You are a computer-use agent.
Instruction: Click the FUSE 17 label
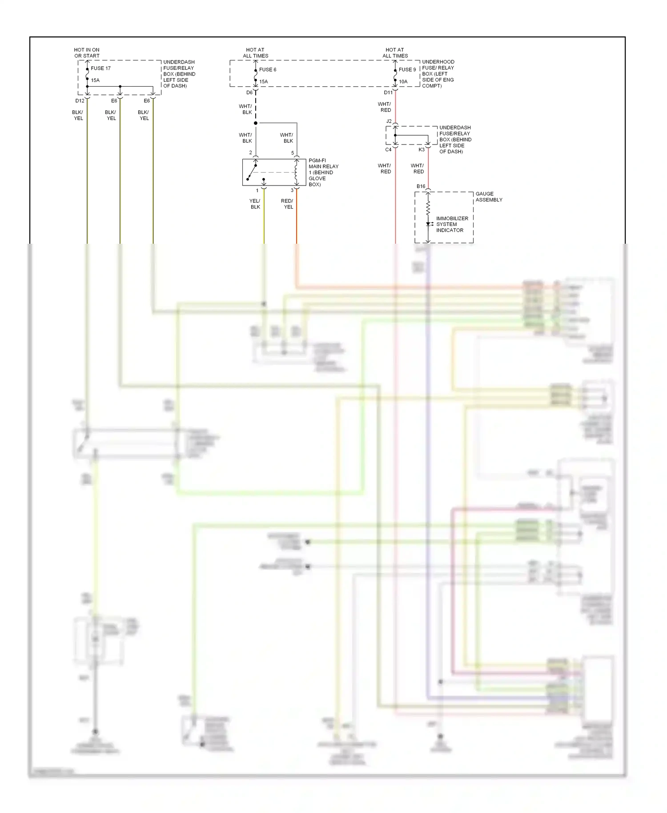click(100, 68)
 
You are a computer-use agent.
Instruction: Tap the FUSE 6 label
click(268, 70)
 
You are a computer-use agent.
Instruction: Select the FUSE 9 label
click(407, 70)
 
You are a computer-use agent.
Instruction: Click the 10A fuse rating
click(403, 82)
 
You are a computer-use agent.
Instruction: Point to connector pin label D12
click(80, 101)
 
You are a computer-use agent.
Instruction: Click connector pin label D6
click(249, 93)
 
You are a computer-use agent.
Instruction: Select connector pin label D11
click(388, 93)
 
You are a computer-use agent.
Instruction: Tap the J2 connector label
click(389, 121)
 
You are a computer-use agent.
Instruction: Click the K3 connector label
click(421, 150)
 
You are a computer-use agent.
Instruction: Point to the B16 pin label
click(421, 186)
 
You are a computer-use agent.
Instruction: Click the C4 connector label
click(388, 150)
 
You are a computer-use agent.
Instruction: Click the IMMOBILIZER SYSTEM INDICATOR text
click(452, 225)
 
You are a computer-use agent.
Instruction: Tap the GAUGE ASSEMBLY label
click(489, 197)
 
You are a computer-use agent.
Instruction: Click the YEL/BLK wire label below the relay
click(255, 204)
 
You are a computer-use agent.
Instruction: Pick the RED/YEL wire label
click(287, 204)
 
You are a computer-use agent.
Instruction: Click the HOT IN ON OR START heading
click(87, 53)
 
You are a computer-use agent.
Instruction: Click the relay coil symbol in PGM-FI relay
click(296, 173)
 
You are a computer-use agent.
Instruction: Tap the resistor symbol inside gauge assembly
click(428, 208)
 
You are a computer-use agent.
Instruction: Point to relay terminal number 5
click(293, 153)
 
